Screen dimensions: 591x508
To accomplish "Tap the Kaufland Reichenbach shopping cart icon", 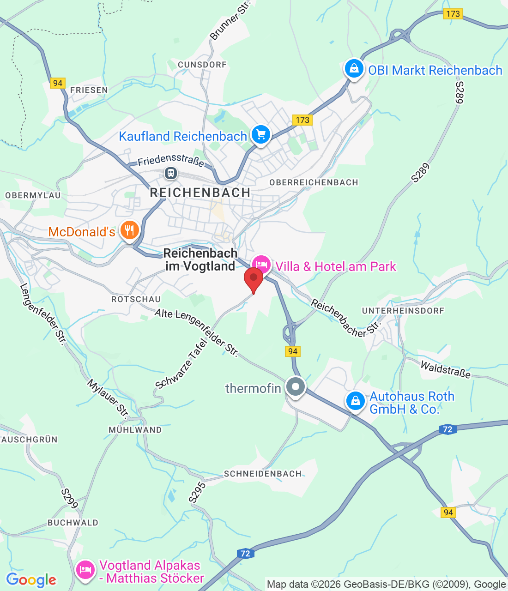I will [x=261, y=135].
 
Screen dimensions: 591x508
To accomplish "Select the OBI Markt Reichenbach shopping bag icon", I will [x=354, y=69].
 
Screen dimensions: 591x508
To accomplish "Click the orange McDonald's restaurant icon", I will [x=129, y=230].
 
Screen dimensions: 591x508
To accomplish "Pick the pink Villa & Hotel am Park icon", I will [x=261, y=265].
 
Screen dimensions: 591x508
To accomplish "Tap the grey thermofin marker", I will [x=296, y=386].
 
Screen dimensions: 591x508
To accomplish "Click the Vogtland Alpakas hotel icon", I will [x=85, y=569].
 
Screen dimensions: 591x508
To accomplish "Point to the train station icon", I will [x=171, y=173].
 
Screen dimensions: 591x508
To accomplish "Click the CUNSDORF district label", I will [x=202, y=65].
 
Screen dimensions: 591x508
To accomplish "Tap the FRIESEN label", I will [x=89, y=90].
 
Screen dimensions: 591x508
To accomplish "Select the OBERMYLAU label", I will [x=33, y=195].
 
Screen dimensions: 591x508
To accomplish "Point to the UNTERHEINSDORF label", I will [x=403, y=311].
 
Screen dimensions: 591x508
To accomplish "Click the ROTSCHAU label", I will [x=136, y=299].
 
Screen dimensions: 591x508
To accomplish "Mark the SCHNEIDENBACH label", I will [x=263, y=474].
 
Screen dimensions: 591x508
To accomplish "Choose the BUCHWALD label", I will [x=73, y=523].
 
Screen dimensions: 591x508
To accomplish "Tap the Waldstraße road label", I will [x=445, y=370].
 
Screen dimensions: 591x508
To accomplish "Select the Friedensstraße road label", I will [x=171, y=160].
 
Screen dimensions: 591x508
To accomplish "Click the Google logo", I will [x=31, y=580].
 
